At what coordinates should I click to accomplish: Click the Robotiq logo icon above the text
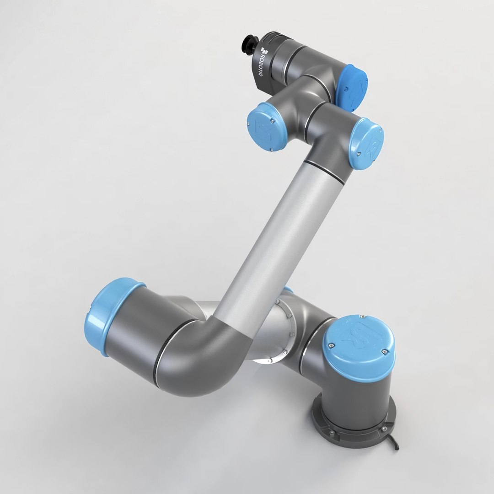[263, 50]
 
